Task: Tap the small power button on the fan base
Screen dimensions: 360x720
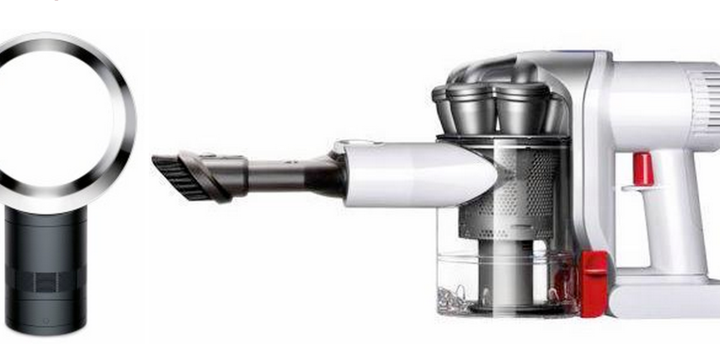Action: click(x=46, y=320)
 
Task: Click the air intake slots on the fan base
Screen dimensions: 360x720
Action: click(x=46, y=281)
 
